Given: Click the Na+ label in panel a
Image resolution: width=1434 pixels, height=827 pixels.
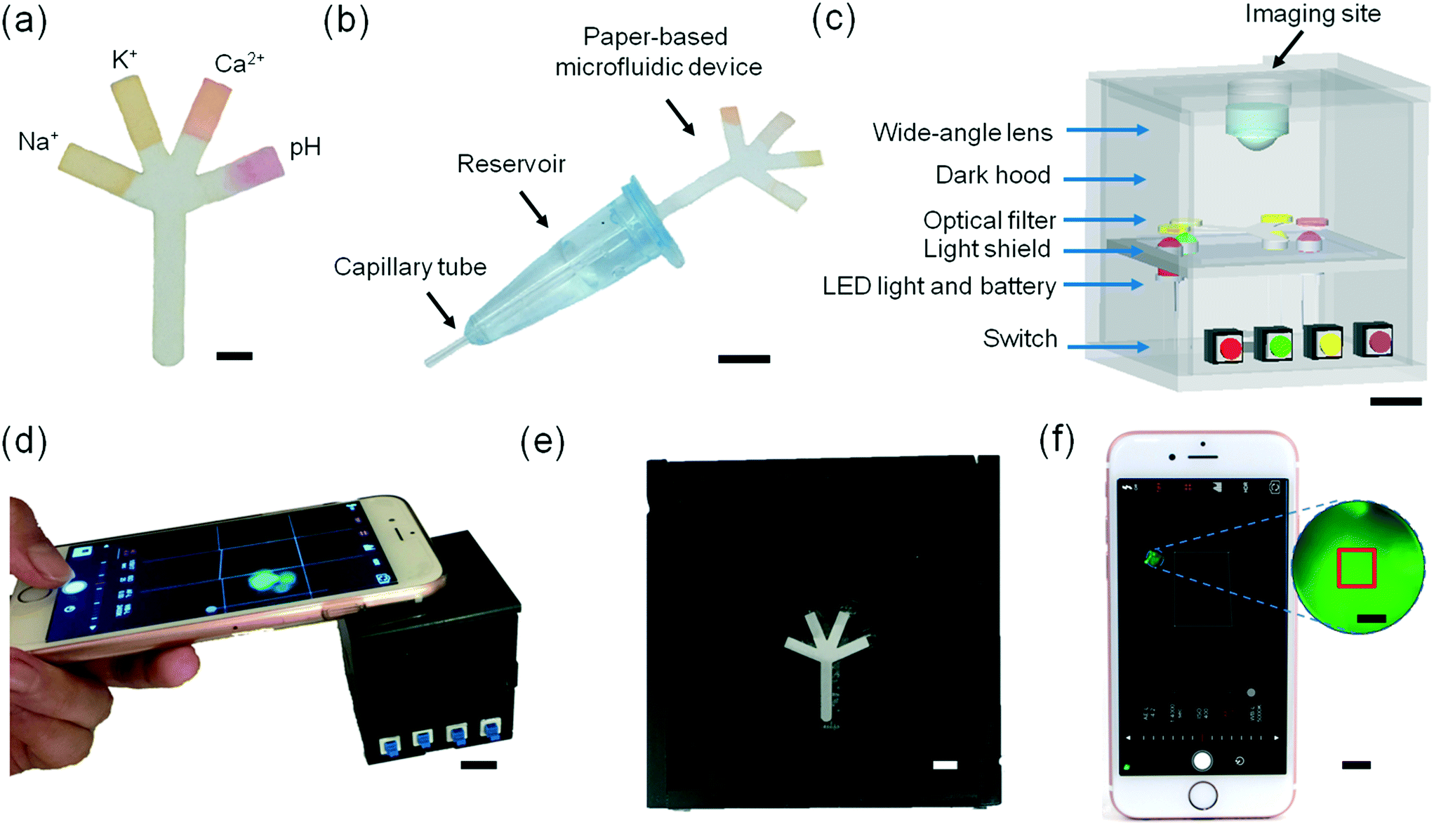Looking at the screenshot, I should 38,141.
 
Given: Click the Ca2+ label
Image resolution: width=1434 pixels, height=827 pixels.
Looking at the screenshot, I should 239,63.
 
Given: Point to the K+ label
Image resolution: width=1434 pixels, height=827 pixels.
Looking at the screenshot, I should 124,60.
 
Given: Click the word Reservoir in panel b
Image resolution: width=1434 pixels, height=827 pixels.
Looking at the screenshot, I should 511,164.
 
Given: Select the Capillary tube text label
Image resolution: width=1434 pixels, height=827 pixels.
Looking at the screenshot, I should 410,267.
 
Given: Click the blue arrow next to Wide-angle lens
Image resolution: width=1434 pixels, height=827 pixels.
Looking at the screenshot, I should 1107,130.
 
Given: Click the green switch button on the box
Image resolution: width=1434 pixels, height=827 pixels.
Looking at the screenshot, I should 1280,346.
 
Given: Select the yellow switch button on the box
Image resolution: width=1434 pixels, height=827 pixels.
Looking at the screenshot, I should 1329,344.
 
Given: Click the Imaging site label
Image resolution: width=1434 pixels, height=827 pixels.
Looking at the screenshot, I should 1313,14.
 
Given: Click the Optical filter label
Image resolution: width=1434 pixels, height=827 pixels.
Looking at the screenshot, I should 989,220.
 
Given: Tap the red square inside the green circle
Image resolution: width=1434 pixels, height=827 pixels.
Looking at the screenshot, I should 1356,568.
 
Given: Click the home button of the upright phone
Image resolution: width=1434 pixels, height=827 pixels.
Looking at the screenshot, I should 1203,795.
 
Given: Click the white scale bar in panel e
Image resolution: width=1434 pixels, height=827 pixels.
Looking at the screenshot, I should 945,765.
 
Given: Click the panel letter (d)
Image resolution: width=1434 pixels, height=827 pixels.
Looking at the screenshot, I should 25,442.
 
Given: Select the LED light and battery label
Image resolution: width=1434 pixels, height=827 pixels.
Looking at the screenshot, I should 938,286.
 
